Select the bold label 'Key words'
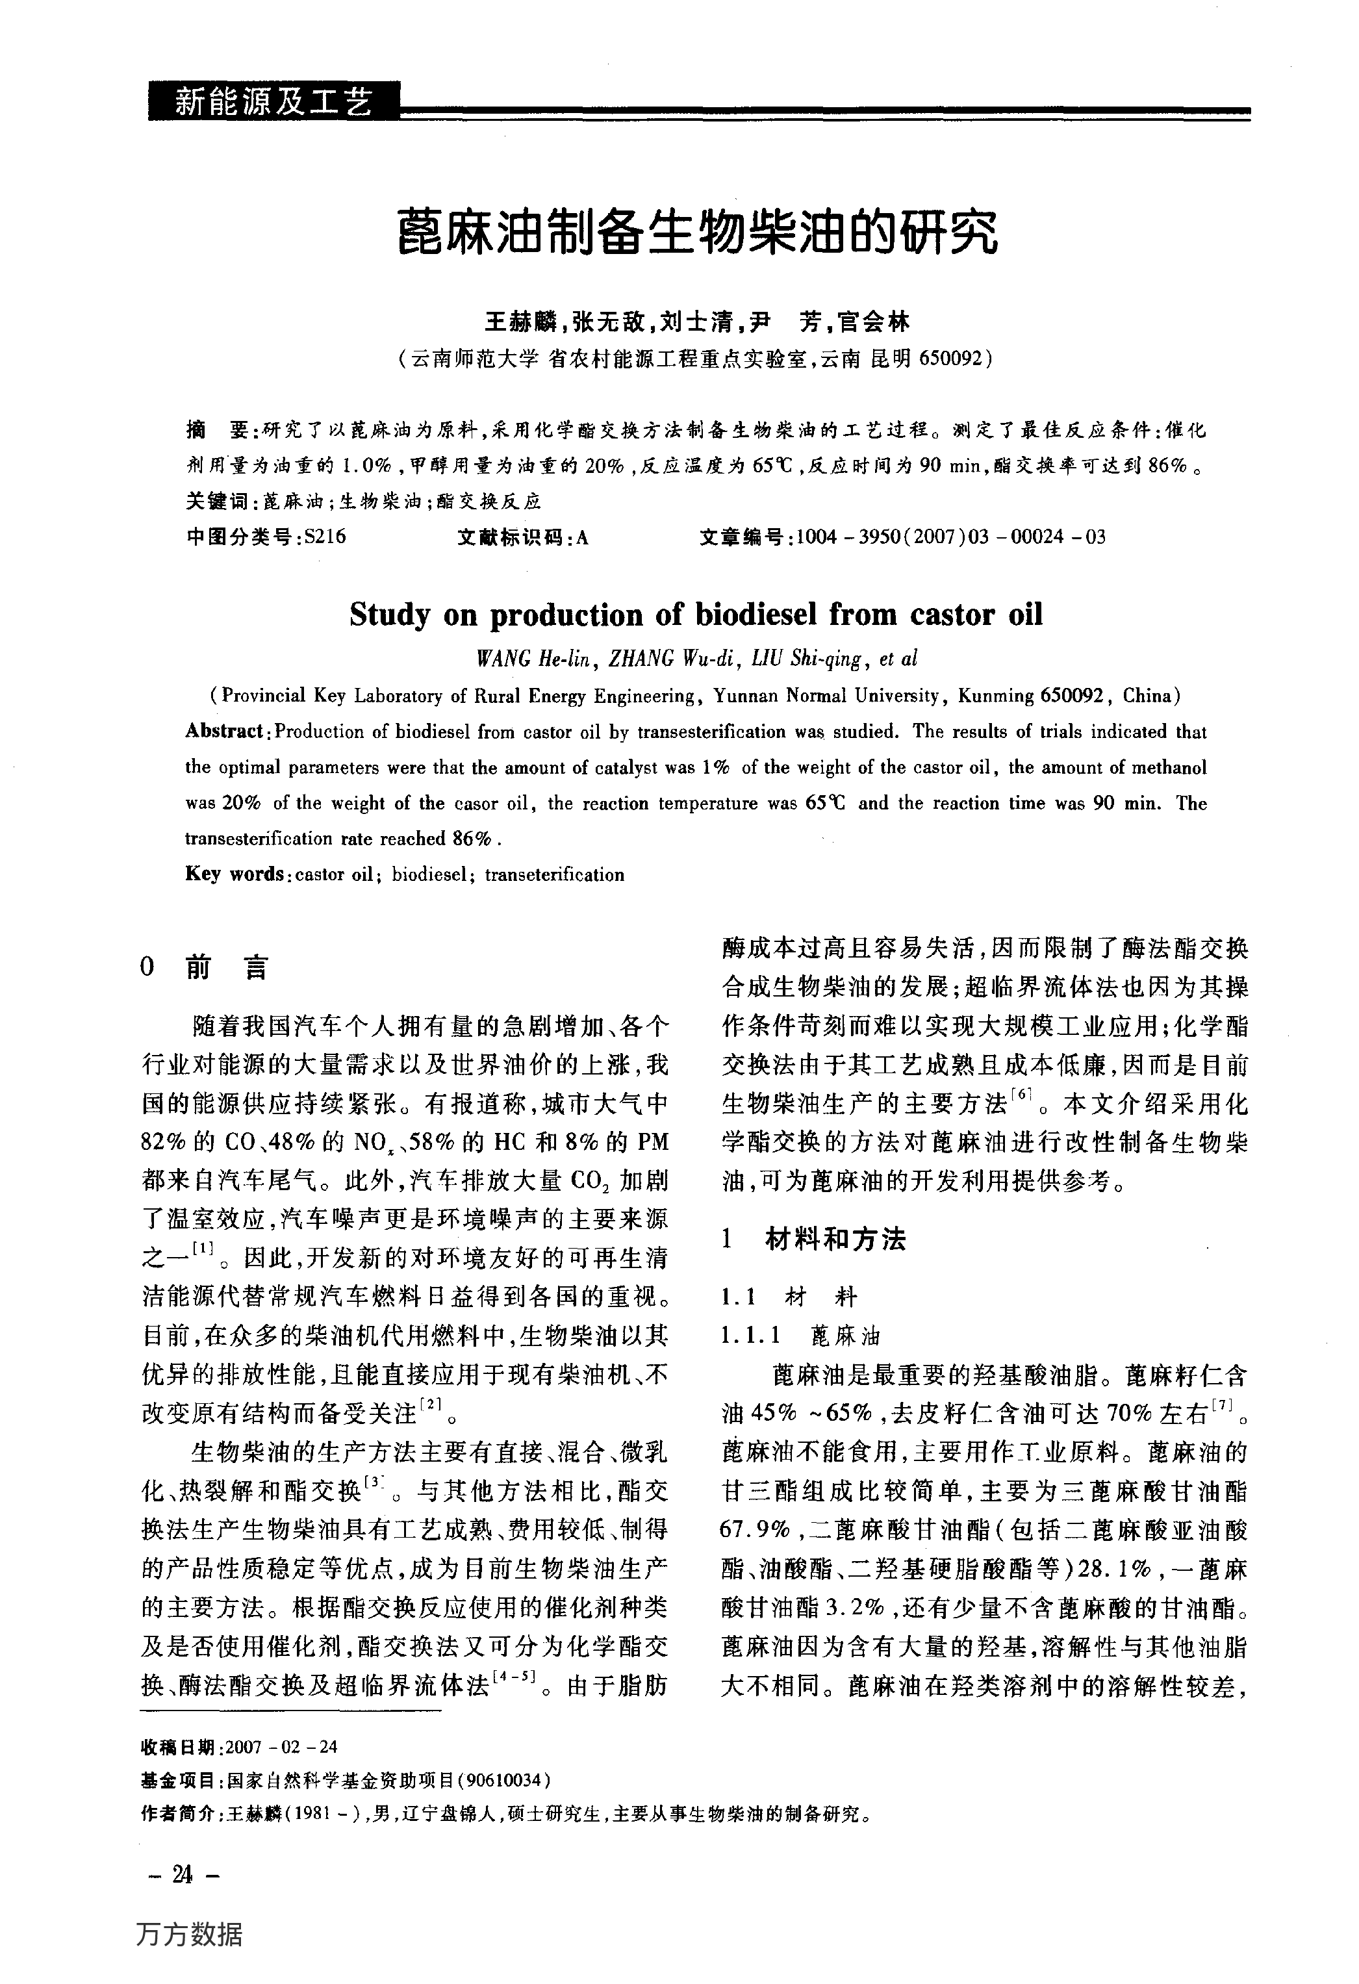pos(234,874)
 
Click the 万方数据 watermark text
pos(190,1933)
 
